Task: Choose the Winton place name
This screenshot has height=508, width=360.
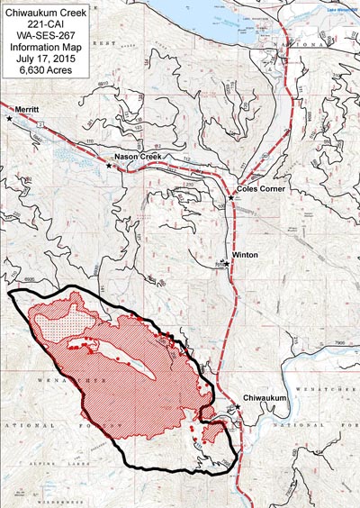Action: (246, 255)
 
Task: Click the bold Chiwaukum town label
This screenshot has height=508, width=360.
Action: (268, 397)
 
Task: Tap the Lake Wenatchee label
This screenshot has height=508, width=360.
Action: (337, 9)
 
